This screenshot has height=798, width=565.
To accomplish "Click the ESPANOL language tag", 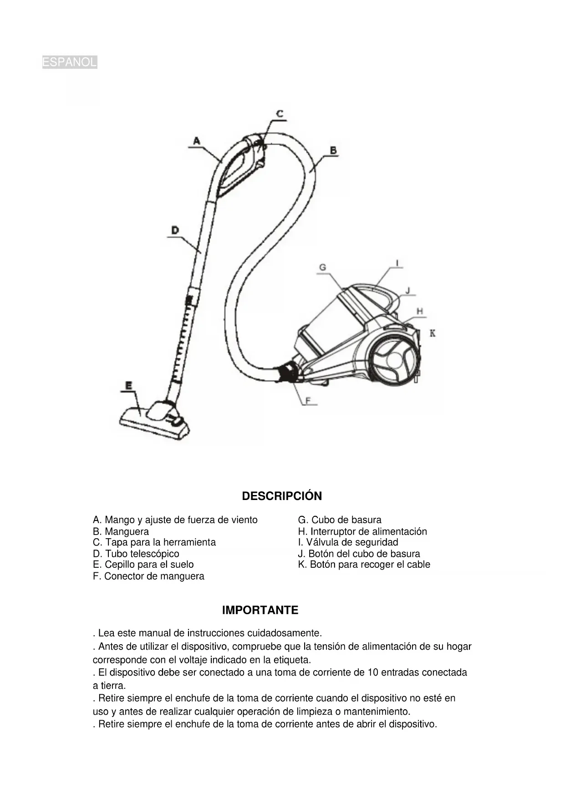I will tap(69, 62).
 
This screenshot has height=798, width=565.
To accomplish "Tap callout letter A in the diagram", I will tap(196, 141).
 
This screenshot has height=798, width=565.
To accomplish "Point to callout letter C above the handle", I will tap(280, 114).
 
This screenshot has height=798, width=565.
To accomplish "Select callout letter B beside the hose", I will tap(333, 150).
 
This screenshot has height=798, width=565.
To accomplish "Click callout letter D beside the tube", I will tap(175, 231).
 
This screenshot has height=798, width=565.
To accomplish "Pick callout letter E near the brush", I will tap(129, 386).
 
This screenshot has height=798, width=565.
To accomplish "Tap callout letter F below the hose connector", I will tap(308, 400).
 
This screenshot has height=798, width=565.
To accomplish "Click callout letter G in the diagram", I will tap(322, 268).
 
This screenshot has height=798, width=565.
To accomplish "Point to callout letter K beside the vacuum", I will tap(433, 333).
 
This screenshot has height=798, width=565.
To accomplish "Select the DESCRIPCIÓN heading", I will tap(282, 496).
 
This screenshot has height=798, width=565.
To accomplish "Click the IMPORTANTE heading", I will tap(260, 610).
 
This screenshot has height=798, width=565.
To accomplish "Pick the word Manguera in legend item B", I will tap(127, 531).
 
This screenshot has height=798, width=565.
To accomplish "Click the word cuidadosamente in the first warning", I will tap(284, 633).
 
